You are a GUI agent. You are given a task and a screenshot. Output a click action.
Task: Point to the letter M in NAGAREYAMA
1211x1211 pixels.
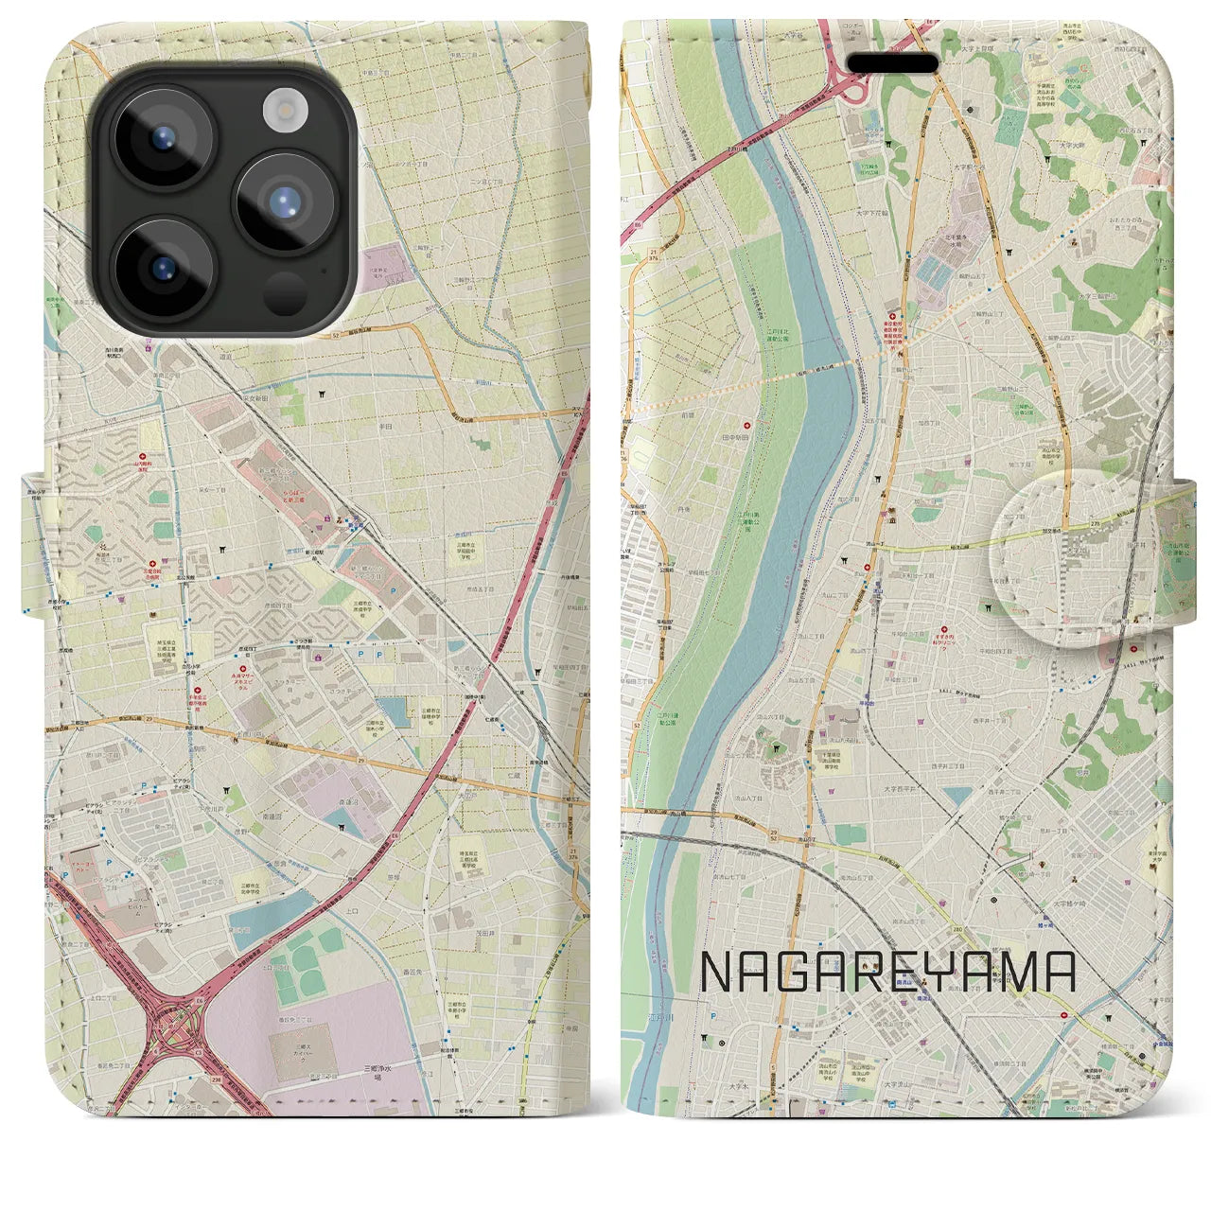tap(1014, 972)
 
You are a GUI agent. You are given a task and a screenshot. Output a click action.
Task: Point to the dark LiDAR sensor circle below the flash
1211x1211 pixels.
tap(286, 292)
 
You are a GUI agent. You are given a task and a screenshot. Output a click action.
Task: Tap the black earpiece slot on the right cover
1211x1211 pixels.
tap(892, 62)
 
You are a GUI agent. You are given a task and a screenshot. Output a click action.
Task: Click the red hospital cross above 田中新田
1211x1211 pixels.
tap(748, 424)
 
